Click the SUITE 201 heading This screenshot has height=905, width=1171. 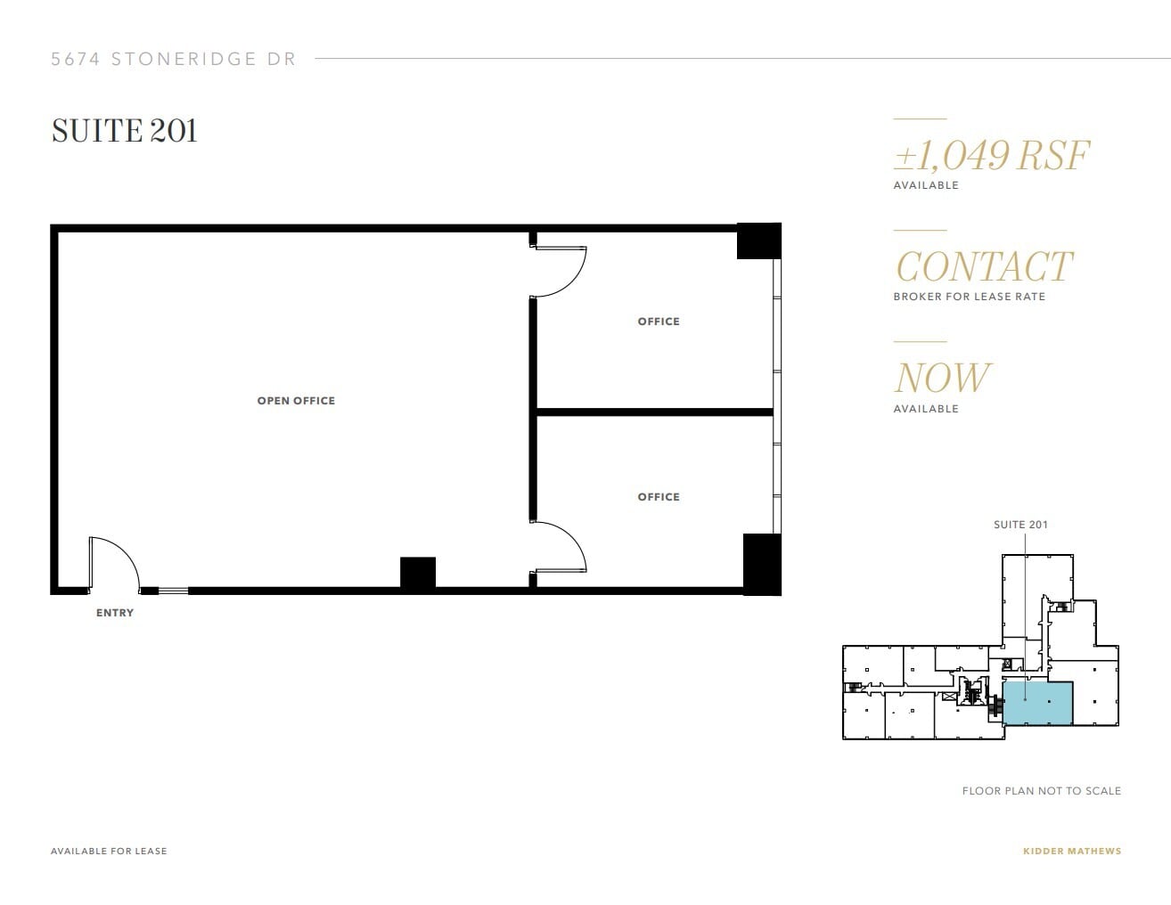124,131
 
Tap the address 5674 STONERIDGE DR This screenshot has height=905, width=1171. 173,60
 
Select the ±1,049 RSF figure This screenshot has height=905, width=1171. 991,156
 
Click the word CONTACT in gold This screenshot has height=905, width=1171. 983,267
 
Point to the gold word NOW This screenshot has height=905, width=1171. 941,378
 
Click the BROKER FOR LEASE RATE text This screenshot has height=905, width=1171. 969,297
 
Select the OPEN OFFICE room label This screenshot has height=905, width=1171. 296,401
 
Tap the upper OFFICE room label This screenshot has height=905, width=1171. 659,322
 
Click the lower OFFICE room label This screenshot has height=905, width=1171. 659,497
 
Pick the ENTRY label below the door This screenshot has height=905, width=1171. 115,613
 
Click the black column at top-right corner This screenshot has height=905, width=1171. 758,241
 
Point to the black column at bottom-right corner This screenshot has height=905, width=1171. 761,564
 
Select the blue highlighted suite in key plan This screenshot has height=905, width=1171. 1038,704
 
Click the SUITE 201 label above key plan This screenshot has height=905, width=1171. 1020,525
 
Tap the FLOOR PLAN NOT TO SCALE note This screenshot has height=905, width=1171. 1041,791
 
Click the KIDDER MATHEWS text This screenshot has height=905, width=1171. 1071,851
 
